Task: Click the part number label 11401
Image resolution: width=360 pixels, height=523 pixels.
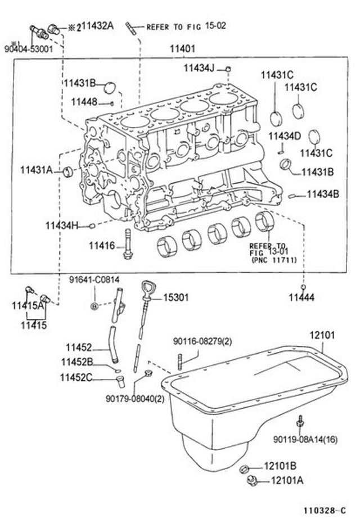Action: (182, 49)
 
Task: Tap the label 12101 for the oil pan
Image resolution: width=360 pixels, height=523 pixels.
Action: (322, 335)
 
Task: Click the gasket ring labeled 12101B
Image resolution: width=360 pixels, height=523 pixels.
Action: (245, 468)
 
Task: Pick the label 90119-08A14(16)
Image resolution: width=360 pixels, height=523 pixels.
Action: (305, 439)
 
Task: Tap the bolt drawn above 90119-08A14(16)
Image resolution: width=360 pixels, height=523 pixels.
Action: (301, 422)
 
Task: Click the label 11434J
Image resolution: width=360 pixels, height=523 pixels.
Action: (199, 68)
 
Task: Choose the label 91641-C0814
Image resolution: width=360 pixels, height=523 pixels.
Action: (94, 279)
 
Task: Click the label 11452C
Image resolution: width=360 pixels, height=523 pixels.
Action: (76, 377)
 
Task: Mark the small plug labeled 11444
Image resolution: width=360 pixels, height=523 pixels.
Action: (303, 287)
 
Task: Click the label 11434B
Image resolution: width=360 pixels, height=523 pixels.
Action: (322, 194)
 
